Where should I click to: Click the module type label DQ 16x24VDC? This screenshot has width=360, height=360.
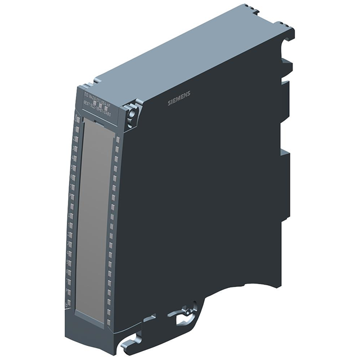pos(98,91)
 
